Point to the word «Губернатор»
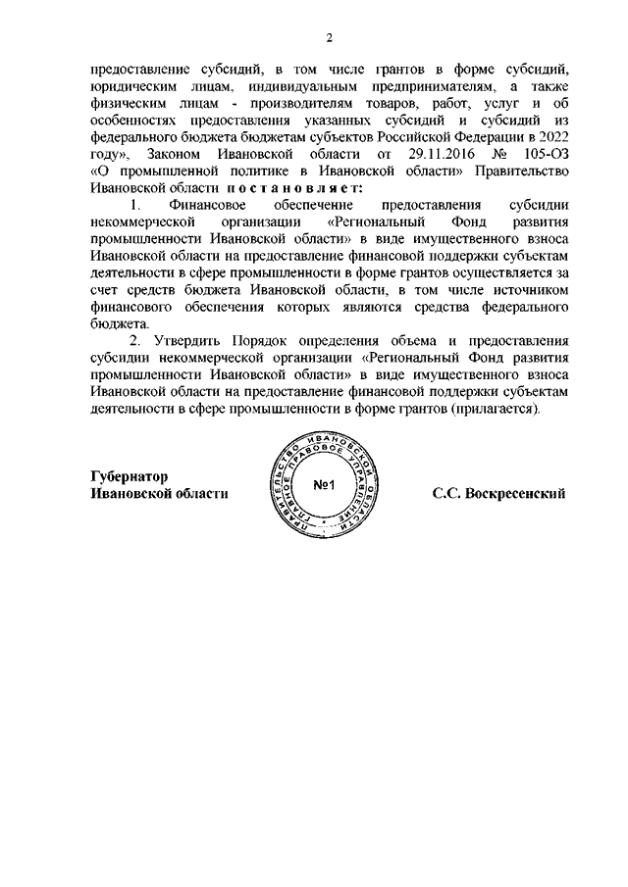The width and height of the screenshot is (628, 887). [x=129, y=474]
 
